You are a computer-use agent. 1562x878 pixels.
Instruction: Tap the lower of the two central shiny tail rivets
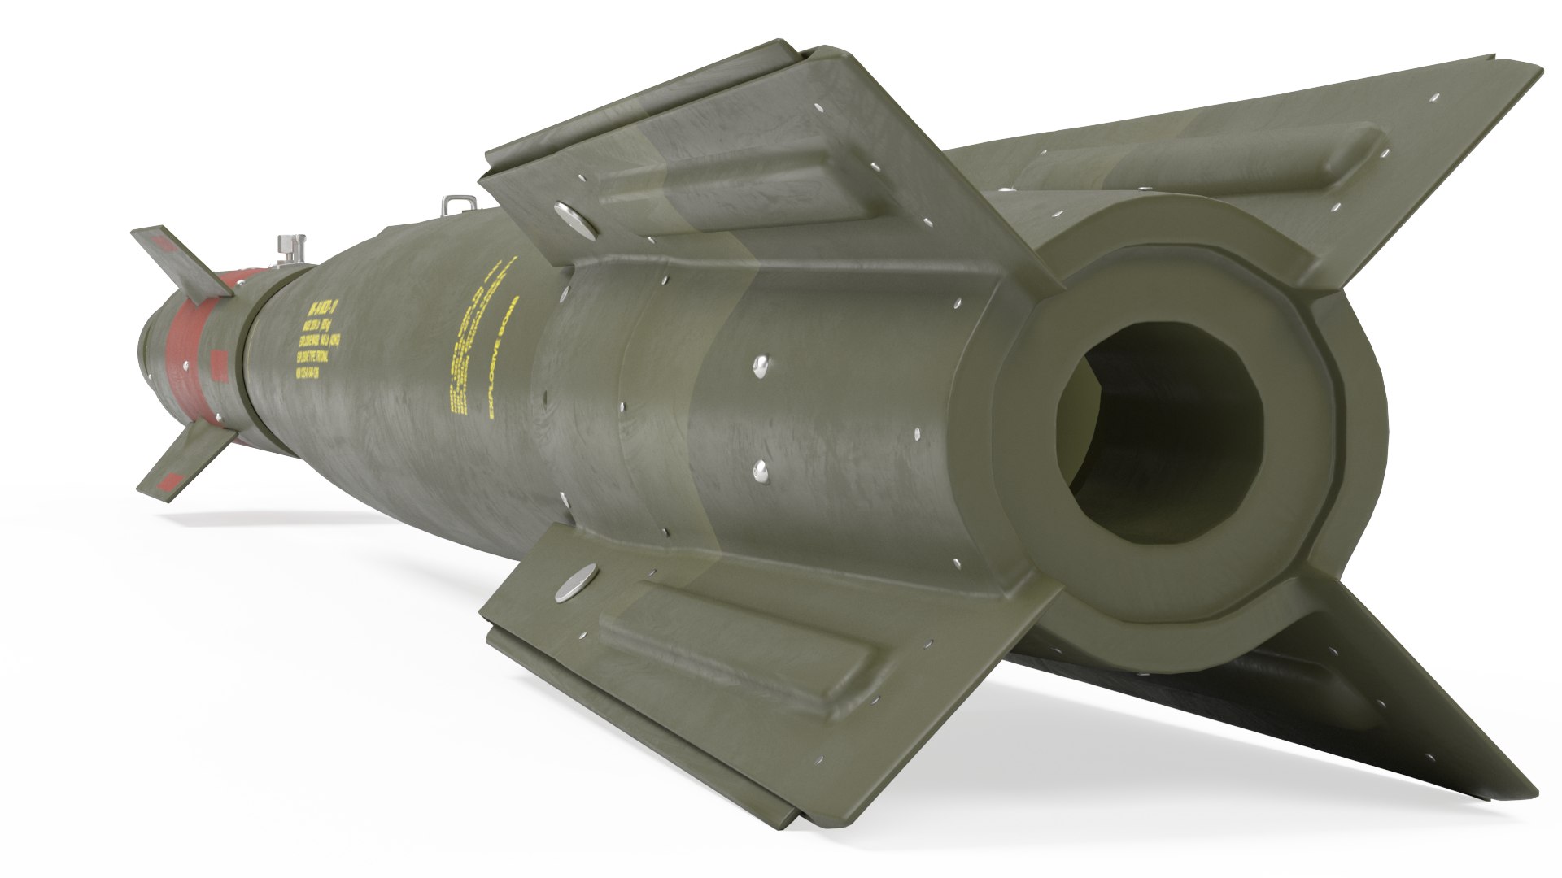[x=762, y=468]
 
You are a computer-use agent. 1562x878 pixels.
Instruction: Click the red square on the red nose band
[x=217, y=361]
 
